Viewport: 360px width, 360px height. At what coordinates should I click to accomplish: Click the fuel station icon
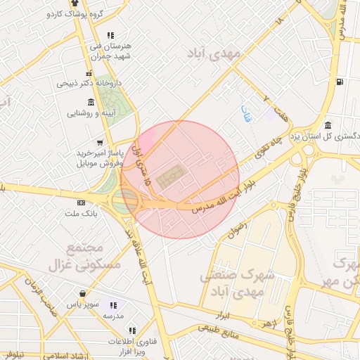[340, 82]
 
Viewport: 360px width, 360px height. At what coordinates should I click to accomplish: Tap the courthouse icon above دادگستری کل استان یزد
[328, 124]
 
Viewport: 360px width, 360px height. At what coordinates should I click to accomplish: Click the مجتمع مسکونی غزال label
[84, 257]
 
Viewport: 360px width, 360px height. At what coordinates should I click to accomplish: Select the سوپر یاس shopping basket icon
[84, 294]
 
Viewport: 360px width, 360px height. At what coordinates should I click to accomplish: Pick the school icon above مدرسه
[112, 306]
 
